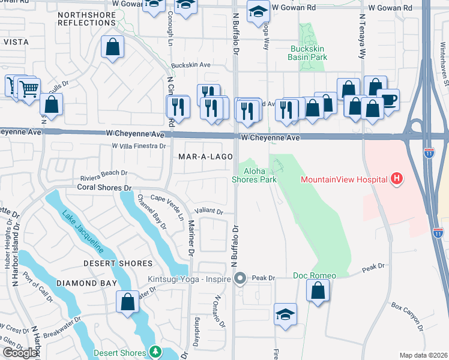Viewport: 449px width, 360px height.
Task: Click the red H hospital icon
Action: (396, 178)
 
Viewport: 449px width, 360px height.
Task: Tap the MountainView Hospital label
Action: (344, 179)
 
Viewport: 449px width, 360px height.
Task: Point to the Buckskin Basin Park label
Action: (308, 53)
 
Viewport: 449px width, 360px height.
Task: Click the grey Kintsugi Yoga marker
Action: (241, 278)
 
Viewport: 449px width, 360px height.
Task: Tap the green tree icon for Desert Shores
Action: (156, 352)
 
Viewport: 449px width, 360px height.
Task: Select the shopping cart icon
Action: (28, 89)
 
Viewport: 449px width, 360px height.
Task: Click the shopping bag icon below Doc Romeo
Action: (318, 291)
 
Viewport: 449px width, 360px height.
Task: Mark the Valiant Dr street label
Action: (209, 212)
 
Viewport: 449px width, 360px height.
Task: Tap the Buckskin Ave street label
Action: (191, 65)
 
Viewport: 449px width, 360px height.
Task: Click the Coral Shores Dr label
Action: (104, 188)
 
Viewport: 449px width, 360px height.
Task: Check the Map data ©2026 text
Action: (423, 355)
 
